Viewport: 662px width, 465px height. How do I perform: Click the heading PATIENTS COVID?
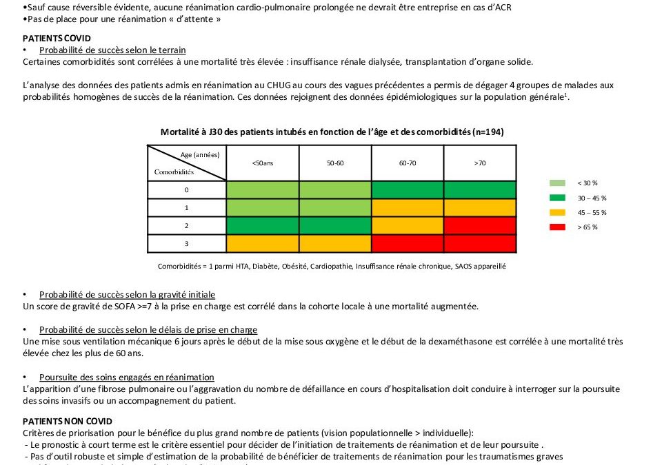[57, 38]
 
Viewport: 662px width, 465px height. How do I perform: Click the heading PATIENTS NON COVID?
[68, 421]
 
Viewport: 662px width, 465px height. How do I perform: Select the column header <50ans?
[262, 163]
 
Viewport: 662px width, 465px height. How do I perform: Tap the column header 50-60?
[335, 163]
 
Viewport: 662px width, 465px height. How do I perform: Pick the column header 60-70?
[407, 163]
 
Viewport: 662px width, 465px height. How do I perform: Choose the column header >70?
[480, 163]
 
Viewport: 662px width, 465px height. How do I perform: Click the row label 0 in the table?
[186, 189]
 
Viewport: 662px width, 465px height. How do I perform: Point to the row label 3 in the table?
[186, 243]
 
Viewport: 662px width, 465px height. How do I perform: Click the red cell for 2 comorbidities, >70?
[480, 225]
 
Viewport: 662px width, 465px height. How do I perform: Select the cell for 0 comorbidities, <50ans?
[262, 189]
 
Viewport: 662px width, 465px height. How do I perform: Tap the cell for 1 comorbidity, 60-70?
[407, 207]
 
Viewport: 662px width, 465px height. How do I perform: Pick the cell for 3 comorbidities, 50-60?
[335, 243]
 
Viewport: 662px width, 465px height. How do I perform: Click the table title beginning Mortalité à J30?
[332, 132]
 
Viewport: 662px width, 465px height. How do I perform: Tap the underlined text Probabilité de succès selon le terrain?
[112, 50]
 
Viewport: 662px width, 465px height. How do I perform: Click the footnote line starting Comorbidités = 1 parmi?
[331, 267]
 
